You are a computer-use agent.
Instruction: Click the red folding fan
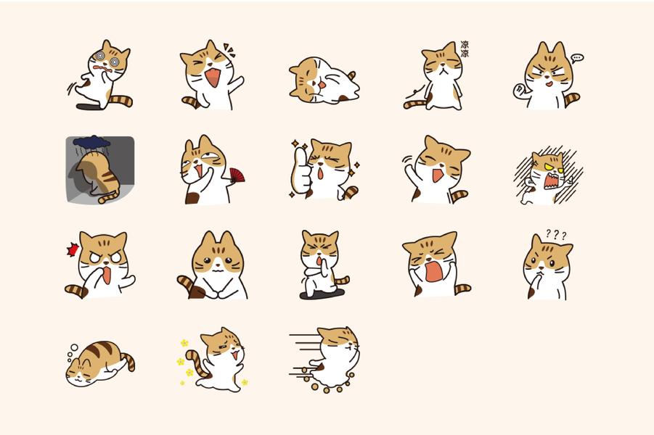click(x=237, y=175)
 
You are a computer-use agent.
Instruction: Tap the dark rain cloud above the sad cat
click(x=91, y=142)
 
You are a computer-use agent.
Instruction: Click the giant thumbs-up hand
click(x=301, y=171)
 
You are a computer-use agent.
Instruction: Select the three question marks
click(x=556, y=235)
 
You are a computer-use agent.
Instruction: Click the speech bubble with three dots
click(x=577, y=58)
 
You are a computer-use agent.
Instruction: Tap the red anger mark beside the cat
click(x=73, y=249)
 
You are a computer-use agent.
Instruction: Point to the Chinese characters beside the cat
click(x=465, y=49)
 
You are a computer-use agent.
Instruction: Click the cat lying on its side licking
click(x=324, y=80)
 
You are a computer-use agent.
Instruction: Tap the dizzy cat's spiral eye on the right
click(x=115, y=62)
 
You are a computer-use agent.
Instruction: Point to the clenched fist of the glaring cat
click(x=520, y=90)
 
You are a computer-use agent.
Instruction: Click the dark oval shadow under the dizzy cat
click(x=90, y=107)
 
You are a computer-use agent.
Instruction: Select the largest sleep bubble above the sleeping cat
click(x=74, y=347)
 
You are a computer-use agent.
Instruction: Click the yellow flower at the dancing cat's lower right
click(x=245, y=381)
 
